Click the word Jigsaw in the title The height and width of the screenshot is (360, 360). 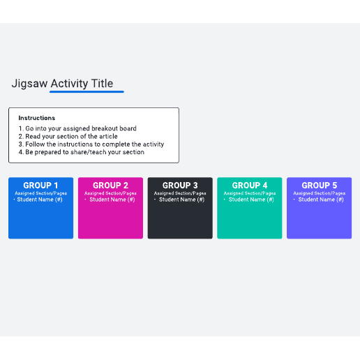29,84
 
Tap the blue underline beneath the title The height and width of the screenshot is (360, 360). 87,92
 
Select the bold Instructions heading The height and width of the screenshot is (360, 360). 37,118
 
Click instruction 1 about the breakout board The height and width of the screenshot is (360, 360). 77,128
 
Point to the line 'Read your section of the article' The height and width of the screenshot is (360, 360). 68,136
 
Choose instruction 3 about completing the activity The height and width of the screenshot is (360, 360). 91,144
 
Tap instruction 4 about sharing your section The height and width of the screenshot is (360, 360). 82,152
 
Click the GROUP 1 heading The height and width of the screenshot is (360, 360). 40,186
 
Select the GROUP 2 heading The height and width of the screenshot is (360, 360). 110,186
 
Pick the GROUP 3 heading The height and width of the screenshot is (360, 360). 180,186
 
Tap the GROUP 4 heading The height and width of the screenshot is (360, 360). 250,186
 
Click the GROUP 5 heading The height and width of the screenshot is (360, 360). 320,186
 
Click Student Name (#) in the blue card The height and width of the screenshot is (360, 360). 40,200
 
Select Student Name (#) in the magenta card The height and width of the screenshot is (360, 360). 112,200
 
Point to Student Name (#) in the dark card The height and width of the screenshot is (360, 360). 182,200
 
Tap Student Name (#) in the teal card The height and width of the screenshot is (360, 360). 251,200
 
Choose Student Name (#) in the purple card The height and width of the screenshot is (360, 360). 321,200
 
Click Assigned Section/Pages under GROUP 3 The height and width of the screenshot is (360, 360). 180,193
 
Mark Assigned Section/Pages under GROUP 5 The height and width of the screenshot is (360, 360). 320,193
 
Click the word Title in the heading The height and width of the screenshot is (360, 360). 102,83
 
